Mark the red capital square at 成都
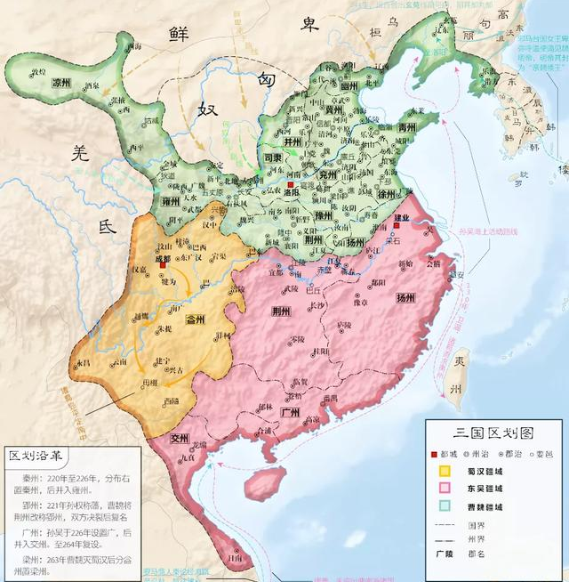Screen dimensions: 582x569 point(163,265)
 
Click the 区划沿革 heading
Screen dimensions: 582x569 point(37,457)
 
